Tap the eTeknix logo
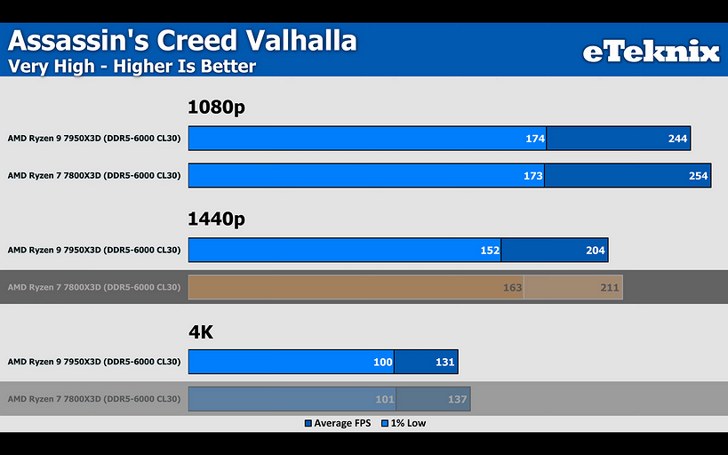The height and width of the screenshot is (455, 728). (651, 52)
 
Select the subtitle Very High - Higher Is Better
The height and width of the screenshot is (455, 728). (132, 67)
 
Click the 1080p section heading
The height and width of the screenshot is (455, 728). (216, 108)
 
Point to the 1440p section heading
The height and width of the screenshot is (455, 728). (216, 220)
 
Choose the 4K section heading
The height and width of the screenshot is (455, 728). (201, 332)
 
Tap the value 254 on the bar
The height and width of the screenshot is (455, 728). (698, 176)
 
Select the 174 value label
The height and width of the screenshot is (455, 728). (535, 139)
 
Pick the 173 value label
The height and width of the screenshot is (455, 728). (532, 176)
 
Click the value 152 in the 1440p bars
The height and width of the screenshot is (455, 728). (490, 251)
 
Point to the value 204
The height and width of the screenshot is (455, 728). (595, 251)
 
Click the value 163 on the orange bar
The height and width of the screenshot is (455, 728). (513, 287)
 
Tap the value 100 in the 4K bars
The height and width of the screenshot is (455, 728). (382, 363)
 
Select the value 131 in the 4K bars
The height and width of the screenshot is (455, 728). (444, 363)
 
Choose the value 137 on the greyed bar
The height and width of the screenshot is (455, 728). (457, 399)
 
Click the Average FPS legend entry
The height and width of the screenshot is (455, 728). (338, 423)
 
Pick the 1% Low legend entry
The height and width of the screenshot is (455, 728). (404, 423)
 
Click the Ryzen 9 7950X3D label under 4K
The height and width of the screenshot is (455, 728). (94, 362)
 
